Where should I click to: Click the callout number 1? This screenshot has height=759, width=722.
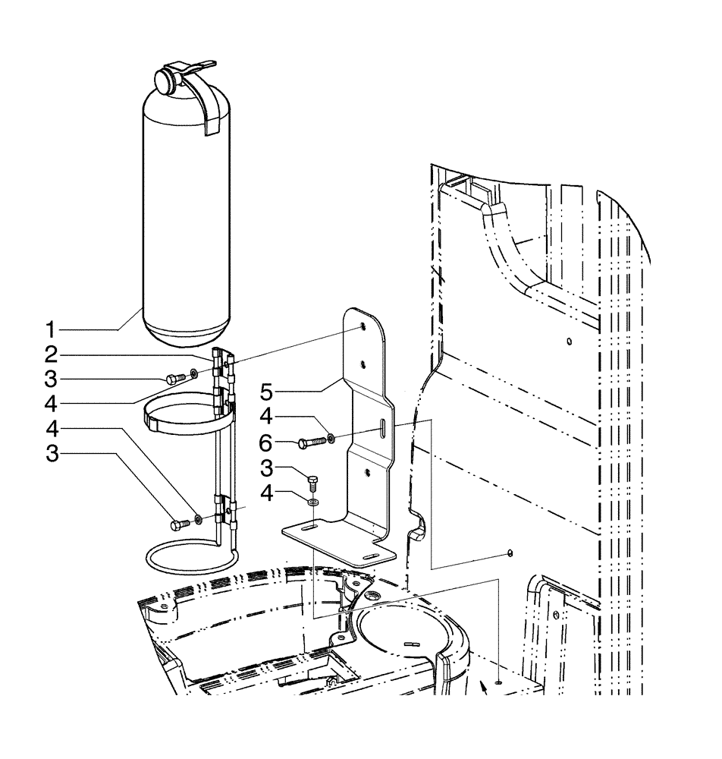[49, 330]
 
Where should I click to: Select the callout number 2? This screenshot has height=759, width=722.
[49, 354]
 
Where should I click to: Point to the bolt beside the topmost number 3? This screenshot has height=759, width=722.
[174, 377]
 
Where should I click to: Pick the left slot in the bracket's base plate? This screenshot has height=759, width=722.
[309, 527]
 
